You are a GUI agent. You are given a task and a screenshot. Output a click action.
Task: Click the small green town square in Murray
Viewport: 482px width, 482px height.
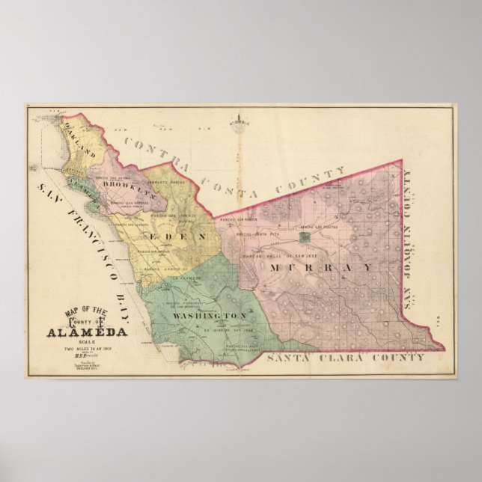coord(303,237)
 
